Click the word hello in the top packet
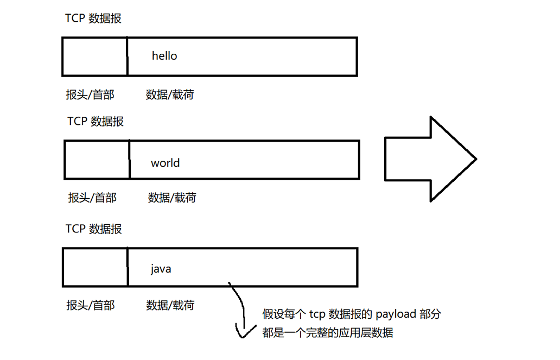(x=164, y=56)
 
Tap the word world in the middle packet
(x=166, y=163)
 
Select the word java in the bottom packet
(x=161, y=268)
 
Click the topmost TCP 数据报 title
(x=93, y=18)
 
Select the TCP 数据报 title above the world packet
(x=96, y=121)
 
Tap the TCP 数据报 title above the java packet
(x=94, y=229)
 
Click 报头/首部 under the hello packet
(x=90, y=95)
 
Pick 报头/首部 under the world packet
(x=92, y=198)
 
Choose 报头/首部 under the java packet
(x=90, y=305)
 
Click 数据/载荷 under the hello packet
(x=170, y=95)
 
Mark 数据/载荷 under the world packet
(x=172, y=198)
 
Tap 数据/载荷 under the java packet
(x=170, y=305)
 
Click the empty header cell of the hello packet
(x=95, y=56)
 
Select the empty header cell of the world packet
(x=97, y=160)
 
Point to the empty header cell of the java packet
(x=96, y=267)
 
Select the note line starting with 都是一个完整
(x=328, y=333)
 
